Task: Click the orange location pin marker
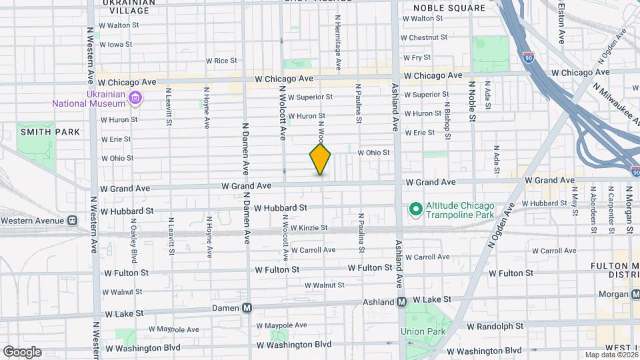pos(321,160)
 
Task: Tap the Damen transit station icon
pos(247,307)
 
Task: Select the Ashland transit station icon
pos(402,301)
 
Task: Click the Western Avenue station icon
pos(73,221)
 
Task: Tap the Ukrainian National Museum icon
pos(136,99)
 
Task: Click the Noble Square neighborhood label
pos(449,8)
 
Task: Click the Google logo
pos(22,351)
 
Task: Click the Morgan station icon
pos(635,294)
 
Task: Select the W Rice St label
pos(221,61)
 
